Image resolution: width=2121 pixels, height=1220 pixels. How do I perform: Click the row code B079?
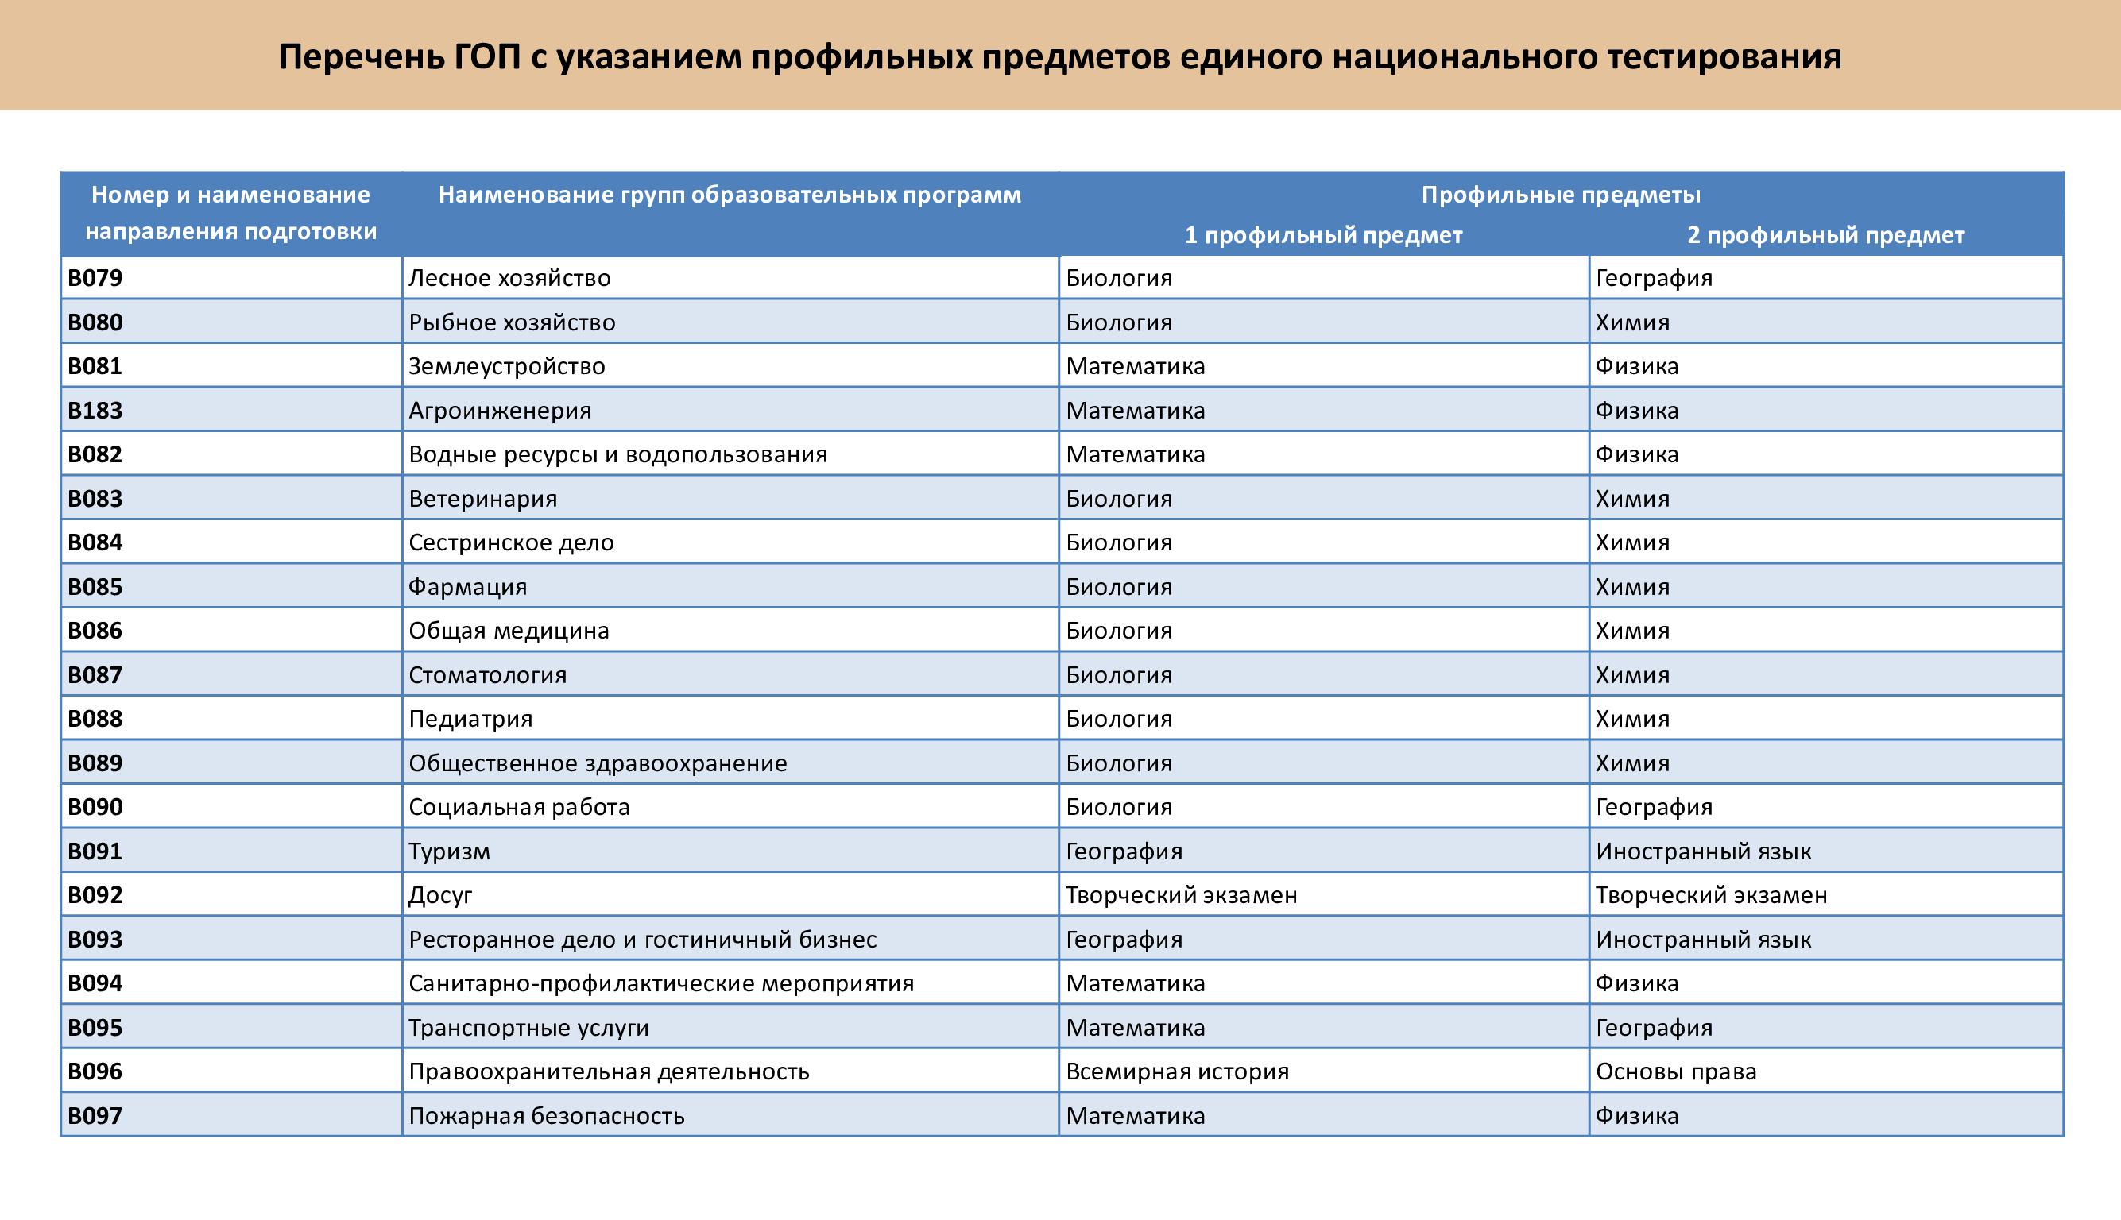(x=95, y=278)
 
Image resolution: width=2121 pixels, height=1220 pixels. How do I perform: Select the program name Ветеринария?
(x=482, y=499)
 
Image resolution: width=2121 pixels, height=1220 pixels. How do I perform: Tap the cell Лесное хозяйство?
(x=509, y=278)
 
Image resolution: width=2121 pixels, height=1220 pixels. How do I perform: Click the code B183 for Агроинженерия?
(x=95, y=411)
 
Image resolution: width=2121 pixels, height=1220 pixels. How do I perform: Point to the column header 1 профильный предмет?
(x=1323, y=235)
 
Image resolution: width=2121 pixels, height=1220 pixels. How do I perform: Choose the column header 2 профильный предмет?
(x=1825, y=235)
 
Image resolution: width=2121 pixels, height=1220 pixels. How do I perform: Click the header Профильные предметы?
(x=1560, y=195)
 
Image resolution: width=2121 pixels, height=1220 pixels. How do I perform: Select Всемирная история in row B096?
(x=1177, y=1071)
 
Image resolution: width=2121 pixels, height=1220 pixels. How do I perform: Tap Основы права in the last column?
(x=1675, y=1071)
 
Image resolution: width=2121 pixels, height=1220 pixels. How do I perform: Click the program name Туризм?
(x=448, y=851)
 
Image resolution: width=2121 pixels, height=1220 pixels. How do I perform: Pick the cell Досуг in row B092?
(x=440, y=896)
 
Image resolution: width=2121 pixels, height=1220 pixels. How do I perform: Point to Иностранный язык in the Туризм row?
(x=1703, y=851)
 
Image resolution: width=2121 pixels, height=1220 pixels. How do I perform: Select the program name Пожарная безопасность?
(x=546, y=1116)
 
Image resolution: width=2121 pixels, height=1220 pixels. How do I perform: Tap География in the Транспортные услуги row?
(x=1653, y=1028)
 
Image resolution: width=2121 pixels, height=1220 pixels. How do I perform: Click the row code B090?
(x=95, y=807)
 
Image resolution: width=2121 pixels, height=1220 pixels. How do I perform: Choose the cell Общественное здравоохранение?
(x=597, y=763)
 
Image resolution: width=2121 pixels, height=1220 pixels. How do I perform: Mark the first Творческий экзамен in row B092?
(x=1180, y=896)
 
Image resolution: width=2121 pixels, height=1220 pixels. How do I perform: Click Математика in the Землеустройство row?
(x=1135, y=366)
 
